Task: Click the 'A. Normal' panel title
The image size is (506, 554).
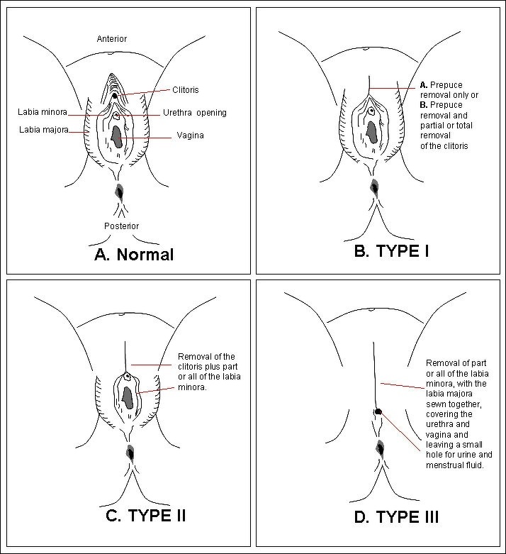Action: pos(134,254)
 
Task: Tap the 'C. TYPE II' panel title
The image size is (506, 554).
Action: pos(146,514)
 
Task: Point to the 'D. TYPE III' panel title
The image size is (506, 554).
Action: pos(396,516)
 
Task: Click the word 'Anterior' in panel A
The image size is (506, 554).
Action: pos(112,38)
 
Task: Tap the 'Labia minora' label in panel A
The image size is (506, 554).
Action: pos(42,112)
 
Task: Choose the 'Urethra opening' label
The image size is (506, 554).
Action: pos(194,113)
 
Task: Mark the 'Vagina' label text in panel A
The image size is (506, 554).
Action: pos(191,135)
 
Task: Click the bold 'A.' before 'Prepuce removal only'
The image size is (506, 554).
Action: pos(423,86)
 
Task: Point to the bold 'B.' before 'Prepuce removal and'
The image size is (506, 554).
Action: pos(423,105)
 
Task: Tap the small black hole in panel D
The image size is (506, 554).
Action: pos(378,411)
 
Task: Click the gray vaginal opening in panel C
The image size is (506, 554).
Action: pos(128,397)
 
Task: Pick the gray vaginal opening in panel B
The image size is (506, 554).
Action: pos(371,131)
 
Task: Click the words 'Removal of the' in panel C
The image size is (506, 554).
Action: pos(206,357)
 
